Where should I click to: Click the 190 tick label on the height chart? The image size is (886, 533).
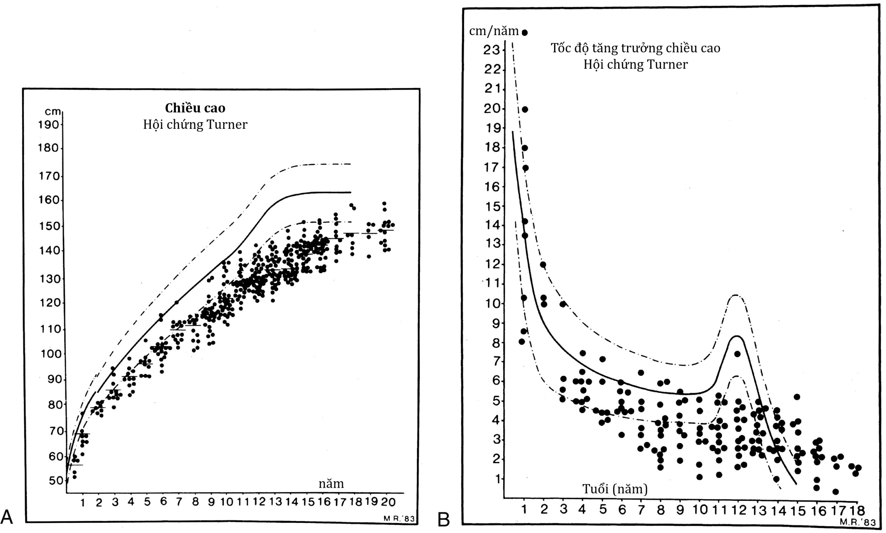click(x=48, y=125)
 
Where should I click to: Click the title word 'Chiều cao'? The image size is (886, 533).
click(x=195, y=108)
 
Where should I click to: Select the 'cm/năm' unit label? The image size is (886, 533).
click(x=494, y=31)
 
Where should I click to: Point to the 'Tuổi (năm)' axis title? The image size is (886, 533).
click(x=615, y=489)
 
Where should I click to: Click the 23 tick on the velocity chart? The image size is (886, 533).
click(x=491, y=50)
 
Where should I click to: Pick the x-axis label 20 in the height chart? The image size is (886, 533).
click(x=388, y=502)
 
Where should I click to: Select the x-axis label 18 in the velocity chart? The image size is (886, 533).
click(x=857, y=510)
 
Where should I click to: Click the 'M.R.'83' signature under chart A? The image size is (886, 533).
click(x=399, y=519)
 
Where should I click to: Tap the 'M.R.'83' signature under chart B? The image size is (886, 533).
click(x=861, y=522)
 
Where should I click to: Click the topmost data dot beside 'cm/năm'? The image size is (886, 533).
click(x=525, y=33)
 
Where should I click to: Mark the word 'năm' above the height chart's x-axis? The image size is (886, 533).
click(x=331, y=484)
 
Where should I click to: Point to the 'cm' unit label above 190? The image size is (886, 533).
click(x=53, y=112)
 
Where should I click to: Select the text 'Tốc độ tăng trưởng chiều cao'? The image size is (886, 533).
click(x=635, y=48)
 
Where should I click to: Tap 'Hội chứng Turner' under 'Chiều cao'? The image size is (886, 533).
click(x=195, y=125)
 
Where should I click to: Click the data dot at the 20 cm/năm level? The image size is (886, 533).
click(x=525, y=109)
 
